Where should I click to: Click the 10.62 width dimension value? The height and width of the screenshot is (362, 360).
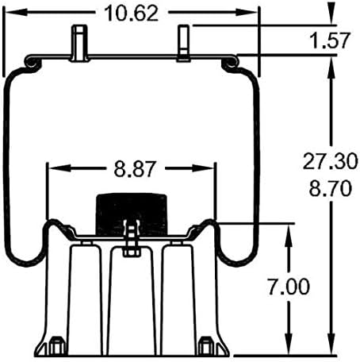132,13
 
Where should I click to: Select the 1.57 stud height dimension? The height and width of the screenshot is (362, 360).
330,40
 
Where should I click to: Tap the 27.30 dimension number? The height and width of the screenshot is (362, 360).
330,161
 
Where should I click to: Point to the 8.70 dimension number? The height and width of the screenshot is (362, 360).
331,189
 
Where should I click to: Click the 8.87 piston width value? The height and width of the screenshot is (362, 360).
134,169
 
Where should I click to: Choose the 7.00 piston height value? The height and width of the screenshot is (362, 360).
289,287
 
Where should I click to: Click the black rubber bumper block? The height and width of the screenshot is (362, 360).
132,214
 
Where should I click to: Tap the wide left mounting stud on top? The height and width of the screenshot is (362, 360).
79,43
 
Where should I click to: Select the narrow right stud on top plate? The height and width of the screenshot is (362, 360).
183,44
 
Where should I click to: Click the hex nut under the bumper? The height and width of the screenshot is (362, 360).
132,252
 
